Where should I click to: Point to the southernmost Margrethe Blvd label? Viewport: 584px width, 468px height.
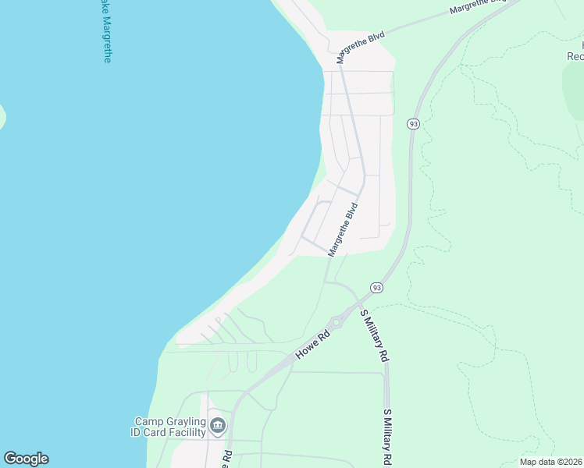(343, 230)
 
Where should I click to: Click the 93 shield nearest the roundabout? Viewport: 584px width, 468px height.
(377, 288)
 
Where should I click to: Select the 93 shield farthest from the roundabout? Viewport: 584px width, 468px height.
(413, 124)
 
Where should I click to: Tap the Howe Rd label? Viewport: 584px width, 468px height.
(313, 344)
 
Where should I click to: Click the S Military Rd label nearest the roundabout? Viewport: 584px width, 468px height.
(373, 335)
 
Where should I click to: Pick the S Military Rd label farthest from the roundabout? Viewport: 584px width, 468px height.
(386, 437)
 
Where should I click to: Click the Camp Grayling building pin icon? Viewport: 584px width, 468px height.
(218, 426)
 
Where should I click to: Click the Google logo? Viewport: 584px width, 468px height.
(26, 459)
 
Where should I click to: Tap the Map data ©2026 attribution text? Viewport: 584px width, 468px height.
(550, 462)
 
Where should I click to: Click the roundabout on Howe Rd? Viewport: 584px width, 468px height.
(336, 322)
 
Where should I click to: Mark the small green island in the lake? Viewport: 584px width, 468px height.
(2, 117)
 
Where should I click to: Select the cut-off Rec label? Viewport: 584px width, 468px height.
(575, 56)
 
